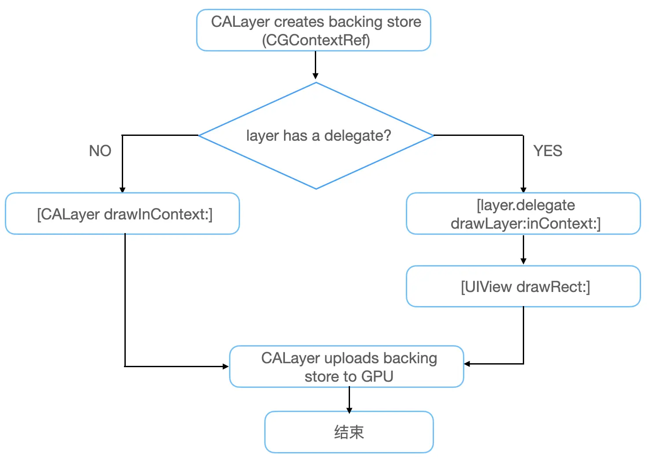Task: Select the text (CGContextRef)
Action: coord(316,40)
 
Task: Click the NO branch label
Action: coord(100,151)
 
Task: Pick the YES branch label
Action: coord(547,151)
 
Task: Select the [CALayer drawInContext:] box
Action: coord(122,214)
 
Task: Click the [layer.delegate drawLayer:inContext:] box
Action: coord(523,214)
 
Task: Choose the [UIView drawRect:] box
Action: coord(523,287)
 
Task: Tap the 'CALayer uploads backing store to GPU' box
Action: coord(346,367)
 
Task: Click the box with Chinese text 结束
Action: coord(349,432)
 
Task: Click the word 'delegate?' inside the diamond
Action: coord(357,136)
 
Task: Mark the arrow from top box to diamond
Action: coord(315,66)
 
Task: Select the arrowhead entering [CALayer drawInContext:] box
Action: coord(122,190)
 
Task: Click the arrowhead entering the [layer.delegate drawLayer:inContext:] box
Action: coord(523,190)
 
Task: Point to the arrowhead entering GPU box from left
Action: coord(226,366)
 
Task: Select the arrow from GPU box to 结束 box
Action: coord(349,400)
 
